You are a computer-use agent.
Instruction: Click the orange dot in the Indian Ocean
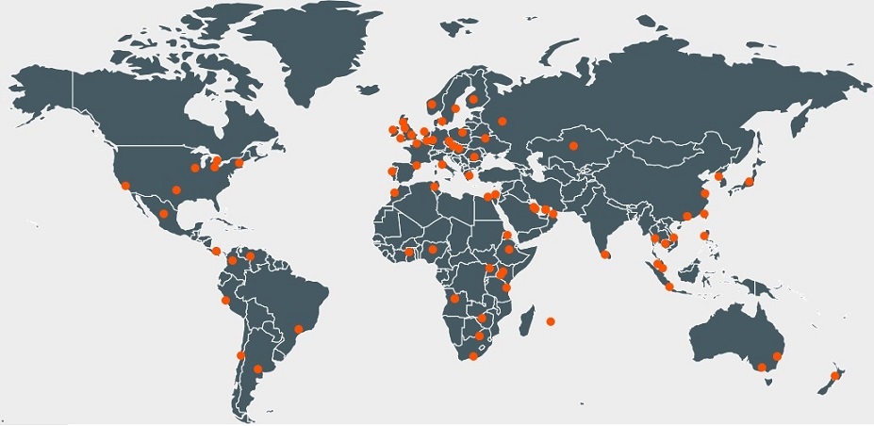coord(551,322)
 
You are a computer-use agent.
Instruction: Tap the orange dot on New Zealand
coord(834,376)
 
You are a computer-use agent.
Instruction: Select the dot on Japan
coord(749,181)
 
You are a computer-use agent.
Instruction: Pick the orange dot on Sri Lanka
coord(603,254)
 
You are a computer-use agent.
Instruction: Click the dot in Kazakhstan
coord(572,145)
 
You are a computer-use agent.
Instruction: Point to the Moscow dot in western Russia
coord(502,120)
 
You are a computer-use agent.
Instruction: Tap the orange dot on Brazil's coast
coord(299,329)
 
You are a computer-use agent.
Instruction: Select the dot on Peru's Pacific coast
coord(225,301)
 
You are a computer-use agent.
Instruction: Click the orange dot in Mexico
coord(164,214)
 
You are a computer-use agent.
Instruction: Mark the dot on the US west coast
coord(125,185)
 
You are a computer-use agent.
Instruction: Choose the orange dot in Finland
coord(474,95)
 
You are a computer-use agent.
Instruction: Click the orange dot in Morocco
coord(394,193)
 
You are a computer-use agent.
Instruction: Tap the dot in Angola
coord(454,299)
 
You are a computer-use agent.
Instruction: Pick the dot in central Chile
coord(240,355)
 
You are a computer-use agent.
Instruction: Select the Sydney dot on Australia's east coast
coord(777,357)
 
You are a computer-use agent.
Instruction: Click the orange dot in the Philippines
coord(704,236)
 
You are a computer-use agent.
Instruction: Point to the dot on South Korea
coord(719,176)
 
